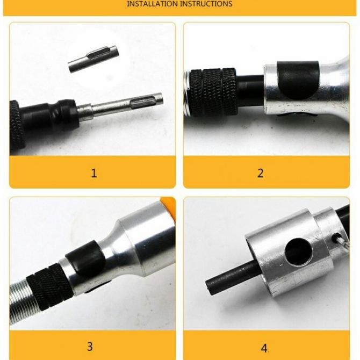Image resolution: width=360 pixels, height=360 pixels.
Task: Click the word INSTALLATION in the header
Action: (x=152, y=4)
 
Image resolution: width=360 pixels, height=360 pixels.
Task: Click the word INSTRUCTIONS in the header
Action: (x=206, y=4)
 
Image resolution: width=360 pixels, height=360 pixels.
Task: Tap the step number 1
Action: (x=93, y=173)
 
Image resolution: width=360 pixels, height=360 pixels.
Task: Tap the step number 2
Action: (x=260, y=173)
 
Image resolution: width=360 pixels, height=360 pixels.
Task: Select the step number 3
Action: (x=90, y=347)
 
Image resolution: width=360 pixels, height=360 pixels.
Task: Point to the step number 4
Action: (x=264, y=348)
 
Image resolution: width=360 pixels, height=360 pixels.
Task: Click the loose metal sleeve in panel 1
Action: (x=93, y=59)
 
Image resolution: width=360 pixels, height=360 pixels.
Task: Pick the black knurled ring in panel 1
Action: (x=17, y=125)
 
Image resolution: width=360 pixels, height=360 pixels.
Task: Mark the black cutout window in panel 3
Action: (x=86, y=258)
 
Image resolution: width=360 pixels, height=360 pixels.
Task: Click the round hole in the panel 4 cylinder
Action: (x=298, y=252)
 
